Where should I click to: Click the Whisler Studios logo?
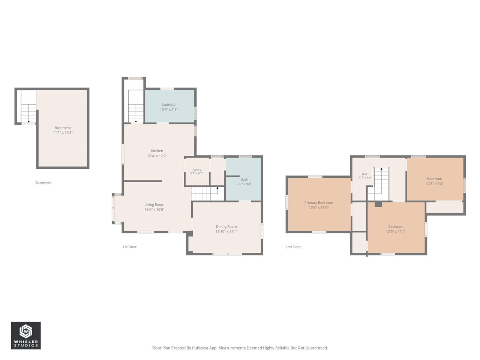point(26,335)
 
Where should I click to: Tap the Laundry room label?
point(169,105)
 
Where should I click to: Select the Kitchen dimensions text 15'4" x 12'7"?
point(157,156)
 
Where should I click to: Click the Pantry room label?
point(197,169)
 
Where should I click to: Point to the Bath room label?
point(244,180)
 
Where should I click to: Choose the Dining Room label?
point(226,226)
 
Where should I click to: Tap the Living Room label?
point(154,205)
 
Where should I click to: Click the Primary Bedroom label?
point(319,202)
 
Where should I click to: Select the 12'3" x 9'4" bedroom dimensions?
point(434,184)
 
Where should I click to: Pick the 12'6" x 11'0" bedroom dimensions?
point(396,231)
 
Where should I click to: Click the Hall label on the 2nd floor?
point(364,174)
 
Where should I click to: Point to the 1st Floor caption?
point(129,247)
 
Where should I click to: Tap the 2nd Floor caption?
point(293,247)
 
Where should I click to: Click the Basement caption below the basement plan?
point(43,183)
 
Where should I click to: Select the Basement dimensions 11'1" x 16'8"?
point(63,132)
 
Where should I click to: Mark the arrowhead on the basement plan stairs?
point(28,121)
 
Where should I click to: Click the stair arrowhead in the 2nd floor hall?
point(381,169)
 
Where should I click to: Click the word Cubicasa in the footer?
point(200,348)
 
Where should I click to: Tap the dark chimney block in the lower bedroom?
point(378,204)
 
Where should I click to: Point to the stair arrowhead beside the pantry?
point(217,188)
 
